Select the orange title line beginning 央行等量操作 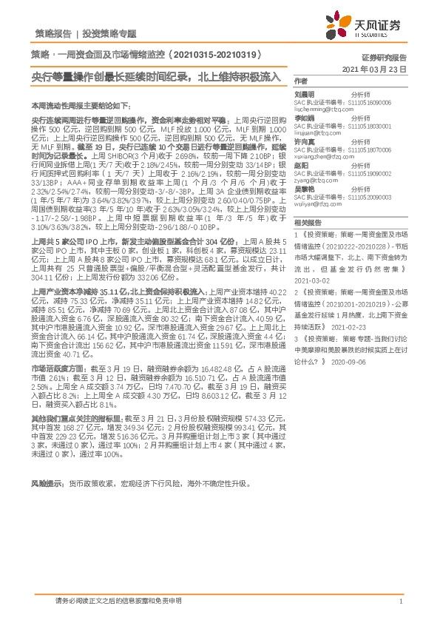coord(156,76)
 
